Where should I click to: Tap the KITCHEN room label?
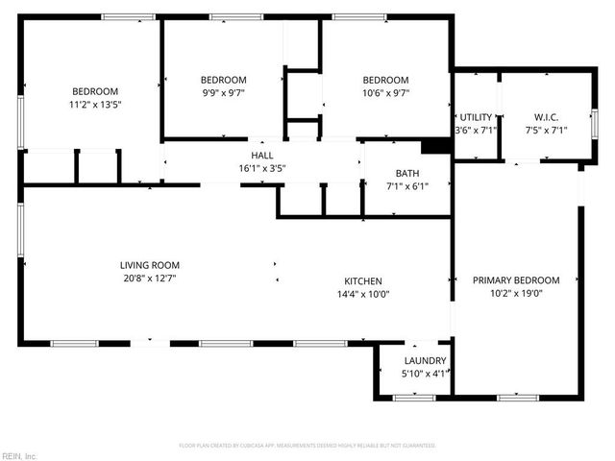[363, 281]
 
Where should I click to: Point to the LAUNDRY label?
[423, 361]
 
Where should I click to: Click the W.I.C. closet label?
[545, 116]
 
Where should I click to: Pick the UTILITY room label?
[476, 116]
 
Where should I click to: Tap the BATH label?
[406, 174]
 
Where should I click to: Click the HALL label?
[261, 156]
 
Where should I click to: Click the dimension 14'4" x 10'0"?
[363, 294]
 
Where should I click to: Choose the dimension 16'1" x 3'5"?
[261, 168]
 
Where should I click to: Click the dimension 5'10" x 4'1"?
[423, 374]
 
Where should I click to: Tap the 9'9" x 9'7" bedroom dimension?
[223, 93]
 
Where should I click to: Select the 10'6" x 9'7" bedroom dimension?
[385, 93]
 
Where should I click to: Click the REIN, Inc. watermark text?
[19, 455]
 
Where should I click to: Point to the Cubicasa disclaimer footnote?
[307, 446]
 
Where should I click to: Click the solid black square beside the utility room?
[437, 146]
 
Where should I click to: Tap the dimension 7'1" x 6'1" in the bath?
[406, 186]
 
